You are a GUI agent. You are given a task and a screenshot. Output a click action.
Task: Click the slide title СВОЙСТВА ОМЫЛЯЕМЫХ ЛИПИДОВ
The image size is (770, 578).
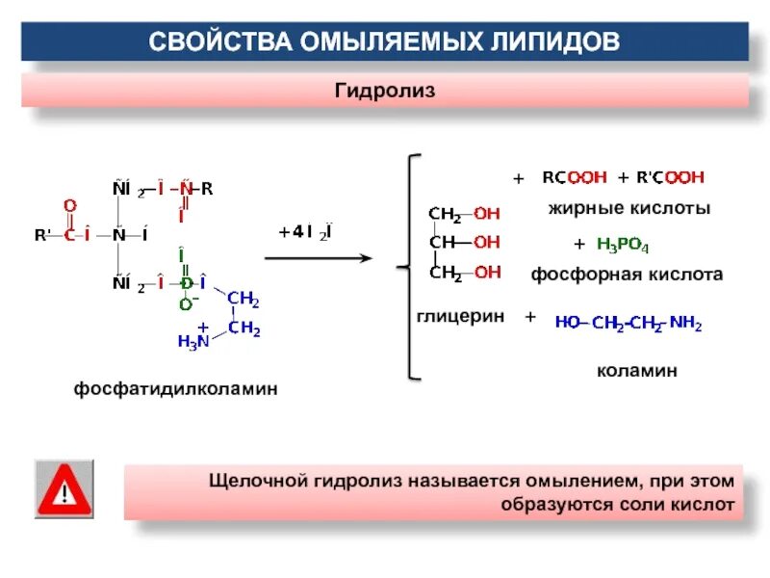(x=384, y=42)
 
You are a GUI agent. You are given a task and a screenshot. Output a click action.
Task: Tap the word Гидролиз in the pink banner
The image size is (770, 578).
(x=385, y=91)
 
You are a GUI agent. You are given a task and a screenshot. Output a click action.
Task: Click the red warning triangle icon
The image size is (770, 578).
(x=64, y=490)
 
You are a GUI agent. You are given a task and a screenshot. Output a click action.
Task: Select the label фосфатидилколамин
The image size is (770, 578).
(x=176, y=389)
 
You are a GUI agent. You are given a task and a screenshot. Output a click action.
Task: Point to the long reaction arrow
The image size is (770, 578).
(x=318, y=258)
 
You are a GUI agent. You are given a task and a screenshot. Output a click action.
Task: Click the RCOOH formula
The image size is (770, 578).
(x=575, y=177)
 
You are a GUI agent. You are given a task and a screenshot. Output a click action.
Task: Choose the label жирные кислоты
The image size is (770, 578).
(x=629, y=208)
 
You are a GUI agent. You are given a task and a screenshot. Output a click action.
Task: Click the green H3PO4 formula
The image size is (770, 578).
(x=623, y=245)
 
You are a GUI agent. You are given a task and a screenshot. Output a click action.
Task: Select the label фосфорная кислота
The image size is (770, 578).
(x=627, y=275)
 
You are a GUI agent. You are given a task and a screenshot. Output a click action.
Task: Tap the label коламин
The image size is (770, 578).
(x=636, y=370)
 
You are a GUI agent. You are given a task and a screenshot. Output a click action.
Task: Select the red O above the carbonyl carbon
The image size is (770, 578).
(x=69, y=205)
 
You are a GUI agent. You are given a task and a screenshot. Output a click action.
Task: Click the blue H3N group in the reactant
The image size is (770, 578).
(x=192, y=340)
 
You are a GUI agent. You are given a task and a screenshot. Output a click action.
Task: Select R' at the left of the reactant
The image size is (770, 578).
(x=43, y=235)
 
